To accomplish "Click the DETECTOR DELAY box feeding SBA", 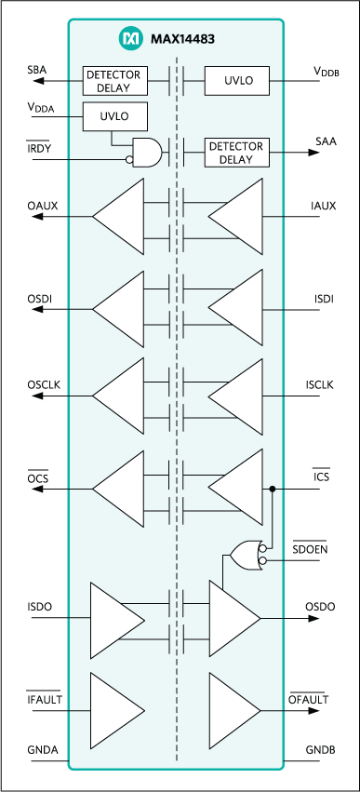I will click(115, 81).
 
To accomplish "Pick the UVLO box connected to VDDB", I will click(236, 81).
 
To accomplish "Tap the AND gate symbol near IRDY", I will click(147, 153).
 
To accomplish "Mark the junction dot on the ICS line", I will click(272, 488).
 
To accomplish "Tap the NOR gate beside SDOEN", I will click(247, 555).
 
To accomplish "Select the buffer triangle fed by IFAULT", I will click(115, 708).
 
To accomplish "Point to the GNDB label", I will click(319, 750).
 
